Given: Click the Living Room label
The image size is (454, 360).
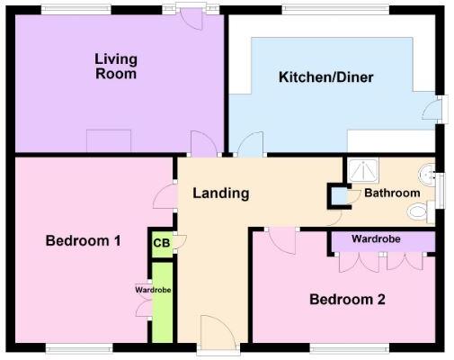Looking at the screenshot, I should (116, 67).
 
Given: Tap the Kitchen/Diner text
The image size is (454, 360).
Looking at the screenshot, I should (325, 77).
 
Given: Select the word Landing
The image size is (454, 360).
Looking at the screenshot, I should (220, 193).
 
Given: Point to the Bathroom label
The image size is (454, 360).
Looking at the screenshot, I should (392, 193).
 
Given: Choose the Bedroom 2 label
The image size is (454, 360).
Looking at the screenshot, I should (347, 300).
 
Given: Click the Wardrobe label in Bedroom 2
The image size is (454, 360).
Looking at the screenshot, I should (375, 240).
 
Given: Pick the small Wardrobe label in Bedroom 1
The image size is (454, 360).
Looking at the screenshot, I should (153, 290).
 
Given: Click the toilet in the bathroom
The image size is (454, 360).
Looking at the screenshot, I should (418, 211).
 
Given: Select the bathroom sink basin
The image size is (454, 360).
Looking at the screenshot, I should (427, 173).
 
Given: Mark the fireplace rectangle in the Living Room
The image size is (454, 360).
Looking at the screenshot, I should (109, 140).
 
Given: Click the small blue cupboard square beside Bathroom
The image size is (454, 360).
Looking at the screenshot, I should (339, 195).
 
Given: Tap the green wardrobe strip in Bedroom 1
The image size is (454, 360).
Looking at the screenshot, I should (163, 301).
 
